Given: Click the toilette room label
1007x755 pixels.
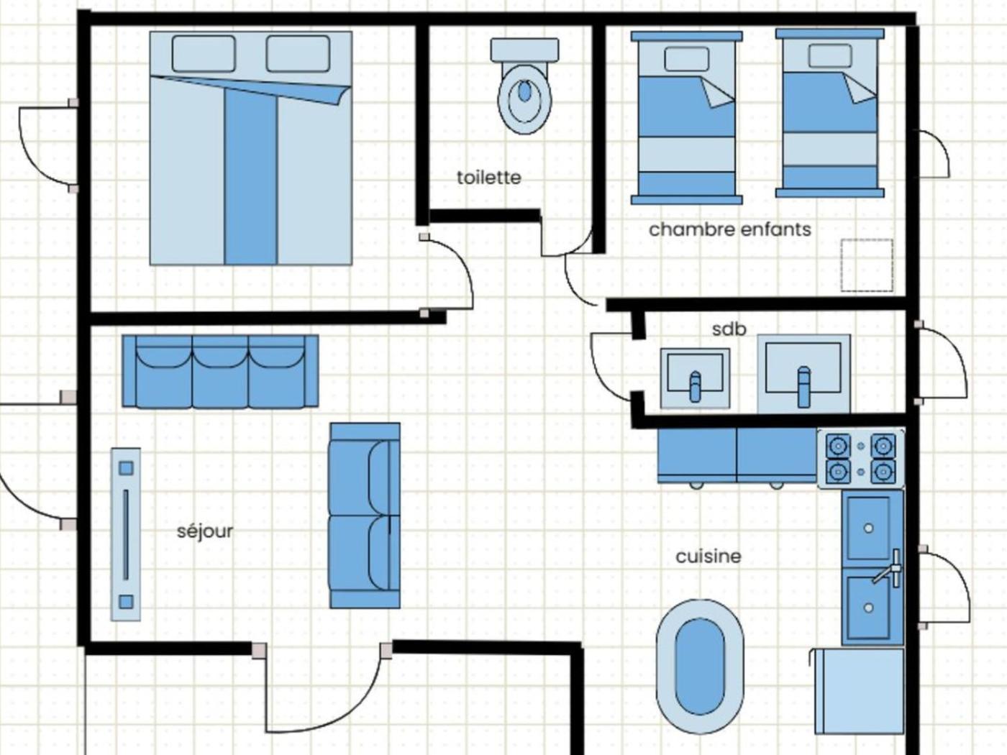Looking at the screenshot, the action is point(489,178).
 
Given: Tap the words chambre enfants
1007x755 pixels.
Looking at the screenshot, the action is point(730,229).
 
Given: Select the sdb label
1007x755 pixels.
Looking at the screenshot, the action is point(729,329).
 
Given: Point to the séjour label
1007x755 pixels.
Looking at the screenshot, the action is point(205,532).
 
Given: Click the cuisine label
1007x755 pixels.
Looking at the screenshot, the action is point(708,557).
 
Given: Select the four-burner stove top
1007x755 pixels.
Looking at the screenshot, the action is point(861,458).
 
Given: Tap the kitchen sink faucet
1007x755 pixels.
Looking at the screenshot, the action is point(889,569).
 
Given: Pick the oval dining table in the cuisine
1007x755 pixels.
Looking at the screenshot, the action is point(700,667).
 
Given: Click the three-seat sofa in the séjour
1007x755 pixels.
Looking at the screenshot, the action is point(220,371).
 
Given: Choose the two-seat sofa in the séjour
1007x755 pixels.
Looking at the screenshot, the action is point(365,516).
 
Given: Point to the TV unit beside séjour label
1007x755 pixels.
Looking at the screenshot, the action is point(126,534).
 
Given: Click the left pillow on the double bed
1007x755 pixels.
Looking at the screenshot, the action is point(204,54).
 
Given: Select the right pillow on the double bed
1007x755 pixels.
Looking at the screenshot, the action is point(298,54).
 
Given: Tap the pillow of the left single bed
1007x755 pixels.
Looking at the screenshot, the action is point(686,59).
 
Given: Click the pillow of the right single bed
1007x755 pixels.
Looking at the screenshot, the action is point(830,56).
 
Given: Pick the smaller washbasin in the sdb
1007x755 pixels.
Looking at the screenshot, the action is point(695,378).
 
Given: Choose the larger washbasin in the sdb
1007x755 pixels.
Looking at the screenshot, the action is point(803,374).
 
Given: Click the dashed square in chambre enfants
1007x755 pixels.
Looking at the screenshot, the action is point(867,265).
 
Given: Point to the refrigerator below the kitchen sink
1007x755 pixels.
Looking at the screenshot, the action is point(857,691).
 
